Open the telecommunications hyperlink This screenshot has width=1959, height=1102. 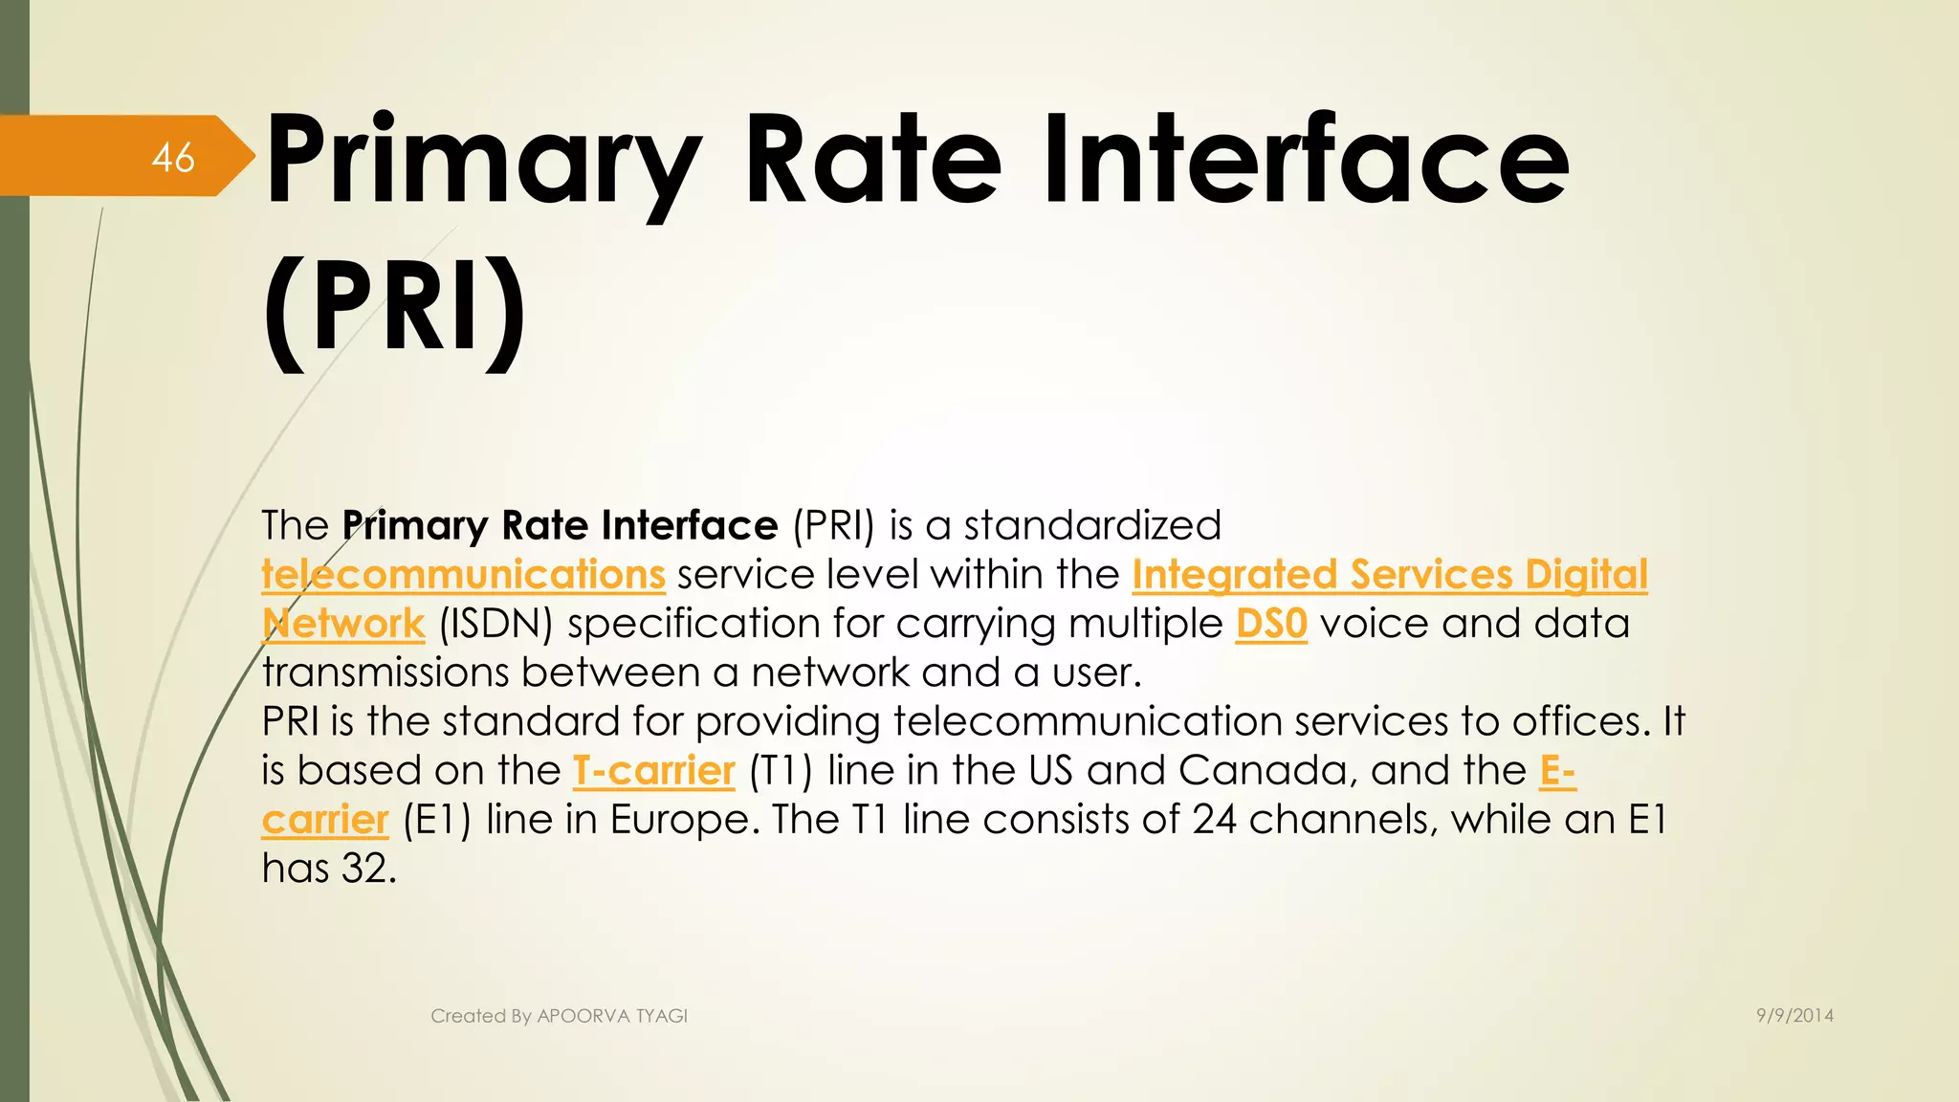[463, 575]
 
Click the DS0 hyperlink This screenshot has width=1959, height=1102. [1270, 624]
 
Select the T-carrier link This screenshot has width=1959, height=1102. [653, 771]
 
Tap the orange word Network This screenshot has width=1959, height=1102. [343, 624]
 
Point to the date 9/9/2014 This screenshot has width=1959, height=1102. [1794, 1016]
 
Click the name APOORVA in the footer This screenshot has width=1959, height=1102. [583, 1016]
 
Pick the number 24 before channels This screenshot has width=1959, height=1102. [1214, 820]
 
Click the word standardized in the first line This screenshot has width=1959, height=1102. [1092, 526]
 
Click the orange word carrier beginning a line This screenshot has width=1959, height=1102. [325, 821]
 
